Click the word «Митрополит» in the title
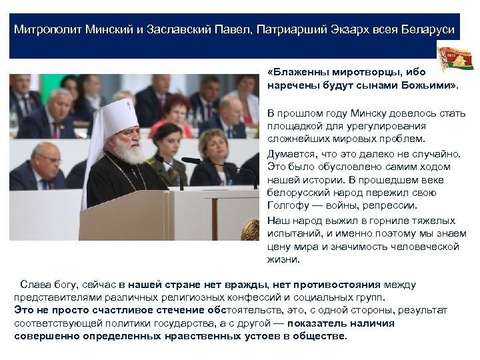(x=48, y=31)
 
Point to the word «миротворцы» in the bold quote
(x=349, y=72)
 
